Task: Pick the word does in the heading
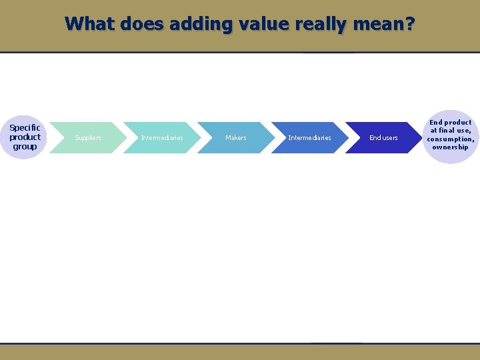(x=142, y=24)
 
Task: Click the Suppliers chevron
(x=87, y=138)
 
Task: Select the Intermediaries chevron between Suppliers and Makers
(x=161, y=138)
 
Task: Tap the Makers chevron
(x=235, y=138)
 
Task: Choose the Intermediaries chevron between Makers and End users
(x=309, y=138)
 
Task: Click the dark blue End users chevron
(x=383, y=138)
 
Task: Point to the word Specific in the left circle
(x=25, y=127)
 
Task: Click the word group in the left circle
(x=25, y=146)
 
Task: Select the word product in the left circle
(x=25, y=137)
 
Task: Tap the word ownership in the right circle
(x=450, y=147)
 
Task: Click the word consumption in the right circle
(x=450, y=139)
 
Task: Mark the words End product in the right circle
(x=450, y=122)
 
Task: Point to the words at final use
(x=450, y=131)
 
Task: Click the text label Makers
(x=235, y=138)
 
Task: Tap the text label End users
(x=383, y=138)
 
